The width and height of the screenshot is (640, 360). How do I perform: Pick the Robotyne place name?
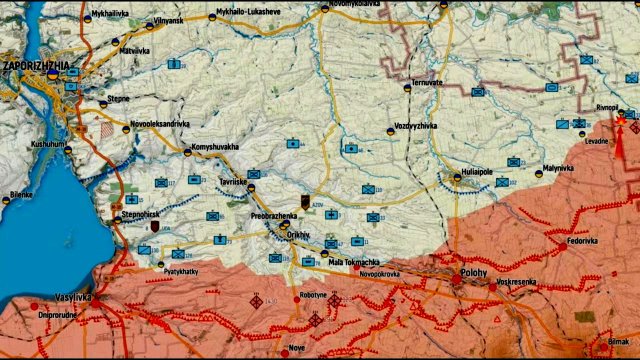point(313,296)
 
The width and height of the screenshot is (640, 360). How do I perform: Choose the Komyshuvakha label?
point(216,147)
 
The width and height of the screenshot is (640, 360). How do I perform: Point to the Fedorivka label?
point(584,240)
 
